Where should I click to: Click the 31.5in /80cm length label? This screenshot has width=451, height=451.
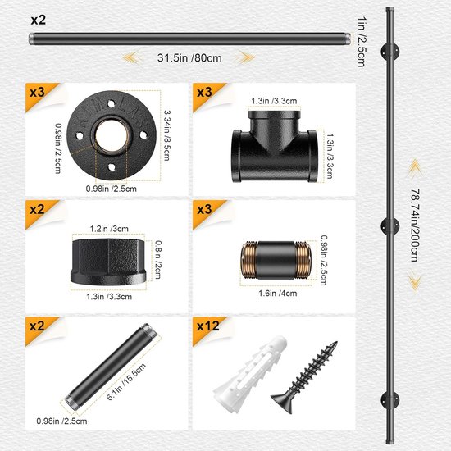point(189,58)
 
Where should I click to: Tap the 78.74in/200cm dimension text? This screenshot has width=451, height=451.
point(414,225)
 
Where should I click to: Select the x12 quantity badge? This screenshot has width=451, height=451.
point(208,326)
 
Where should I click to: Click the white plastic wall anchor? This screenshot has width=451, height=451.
point(249,375)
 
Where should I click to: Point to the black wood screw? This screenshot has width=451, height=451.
point(305,377)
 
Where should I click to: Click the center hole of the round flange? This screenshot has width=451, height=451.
point(112,134)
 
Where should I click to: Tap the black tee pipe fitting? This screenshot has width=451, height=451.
point(275,146)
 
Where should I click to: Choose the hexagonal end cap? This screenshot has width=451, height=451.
point(108,262)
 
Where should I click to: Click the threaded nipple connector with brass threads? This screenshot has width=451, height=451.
point(276,260)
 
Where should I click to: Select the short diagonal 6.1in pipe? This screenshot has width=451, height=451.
point(111,365)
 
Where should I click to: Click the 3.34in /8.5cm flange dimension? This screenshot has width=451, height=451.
point(166,135)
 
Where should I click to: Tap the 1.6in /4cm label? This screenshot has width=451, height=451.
point(277,294)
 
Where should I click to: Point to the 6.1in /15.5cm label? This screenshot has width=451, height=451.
point(126,381)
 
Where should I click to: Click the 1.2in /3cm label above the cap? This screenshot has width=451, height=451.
point(109,229)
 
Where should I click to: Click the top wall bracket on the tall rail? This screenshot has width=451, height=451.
point(390,52)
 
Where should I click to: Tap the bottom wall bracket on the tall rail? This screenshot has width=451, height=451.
point(390,400)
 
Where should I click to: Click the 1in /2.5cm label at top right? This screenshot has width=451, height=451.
point(362,42)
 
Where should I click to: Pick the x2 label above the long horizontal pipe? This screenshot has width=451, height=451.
point(39,20)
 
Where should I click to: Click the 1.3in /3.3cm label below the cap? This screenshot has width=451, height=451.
point(109,297)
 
